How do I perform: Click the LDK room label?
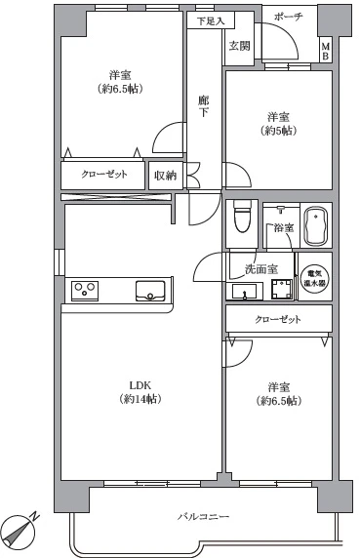click(140, 385)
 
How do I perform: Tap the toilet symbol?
click(242, 217)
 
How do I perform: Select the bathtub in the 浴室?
click(316, 226)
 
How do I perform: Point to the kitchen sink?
click(150, 291)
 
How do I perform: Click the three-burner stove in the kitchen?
click(85, 291)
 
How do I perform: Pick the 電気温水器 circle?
click(315, 278)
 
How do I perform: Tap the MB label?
click(326, 51)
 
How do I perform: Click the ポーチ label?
click(288, 17)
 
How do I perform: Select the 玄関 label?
click(239, 46)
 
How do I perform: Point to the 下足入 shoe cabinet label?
click(211, 21)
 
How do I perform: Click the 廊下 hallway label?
click(204, 106)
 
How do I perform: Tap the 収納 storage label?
click(165, 176)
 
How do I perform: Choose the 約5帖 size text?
click(279, 131)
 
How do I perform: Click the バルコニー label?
click(204, 516)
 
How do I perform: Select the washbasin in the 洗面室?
click(245, 292)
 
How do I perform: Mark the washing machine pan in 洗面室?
click(282, 290)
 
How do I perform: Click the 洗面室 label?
click(261, 269)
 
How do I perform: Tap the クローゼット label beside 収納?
click(104, 175)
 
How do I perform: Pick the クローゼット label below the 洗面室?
click(278, 319)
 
